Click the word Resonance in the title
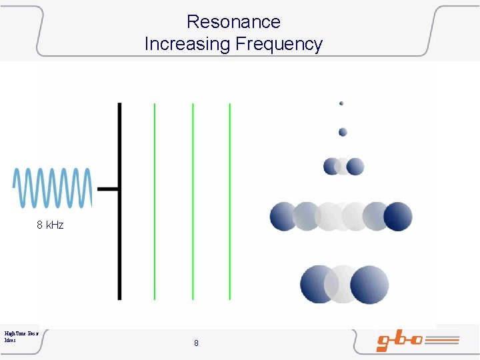pyautogui.click(x=233, y=21)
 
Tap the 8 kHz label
pyautogui.click(x=50, y=225)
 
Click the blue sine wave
pyautogui.click(x=52, y=188)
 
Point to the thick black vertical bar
pyautogui.click(x=120, y=200)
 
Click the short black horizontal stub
pyautogui.click(x=109, y=189)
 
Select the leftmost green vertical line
pyautogui.click(x=155, y=200)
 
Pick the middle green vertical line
pyautogui.click(x=193, y=200)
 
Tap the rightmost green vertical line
pyautogui.click(x=230, y=200)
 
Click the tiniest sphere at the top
pyautogui.click(x=341, y=103)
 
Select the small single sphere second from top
pyautogui.click(x=343, y=132)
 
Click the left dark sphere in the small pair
pyautogui.click(x=331, y=166)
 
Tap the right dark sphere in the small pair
pyautogui.click(x=355, y=166)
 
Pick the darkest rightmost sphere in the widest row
pyautogui.click(x=399, y=217)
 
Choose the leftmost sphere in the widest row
pyautogui.click(x=283, y=217)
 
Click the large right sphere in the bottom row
pyautogui.click(x=370, y=284)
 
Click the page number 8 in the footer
pyautogui.click(x=196, y=343)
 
